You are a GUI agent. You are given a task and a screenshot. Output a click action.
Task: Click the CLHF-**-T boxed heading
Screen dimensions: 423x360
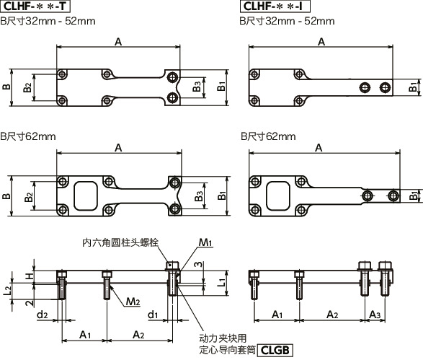pyautogui.click(x=35, y=6)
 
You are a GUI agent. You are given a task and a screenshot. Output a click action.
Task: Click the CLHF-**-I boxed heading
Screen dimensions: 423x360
pyautogui.click(x=275, y=6)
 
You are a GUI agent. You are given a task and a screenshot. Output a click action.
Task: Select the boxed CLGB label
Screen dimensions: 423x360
pyautogui.click(x=275, y=351)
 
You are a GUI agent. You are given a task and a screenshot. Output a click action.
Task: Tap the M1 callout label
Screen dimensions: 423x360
pyautogui.click(x=205, y=242)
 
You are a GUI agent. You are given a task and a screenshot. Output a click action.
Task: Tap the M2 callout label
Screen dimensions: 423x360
pyautogui.click(x=133, y=301)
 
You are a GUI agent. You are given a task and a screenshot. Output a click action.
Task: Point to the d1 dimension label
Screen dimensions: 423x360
pyautogui.click(x=153, y=314)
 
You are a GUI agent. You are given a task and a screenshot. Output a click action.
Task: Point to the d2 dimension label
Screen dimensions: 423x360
pyautogui.click(x=43, y=314)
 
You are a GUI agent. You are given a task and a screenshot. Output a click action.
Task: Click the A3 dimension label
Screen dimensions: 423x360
pyautogui.click(x=375, y=315)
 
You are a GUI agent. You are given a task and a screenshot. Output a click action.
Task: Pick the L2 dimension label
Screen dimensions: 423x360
pyautogui.click(x=8, y=291)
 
